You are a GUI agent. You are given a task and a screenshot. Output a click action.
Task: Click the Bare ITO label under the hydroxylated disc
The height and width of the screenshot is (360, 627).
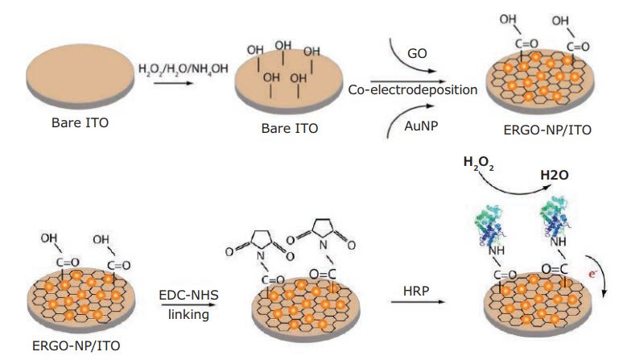pyautogui.click(x=287, y=130)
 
